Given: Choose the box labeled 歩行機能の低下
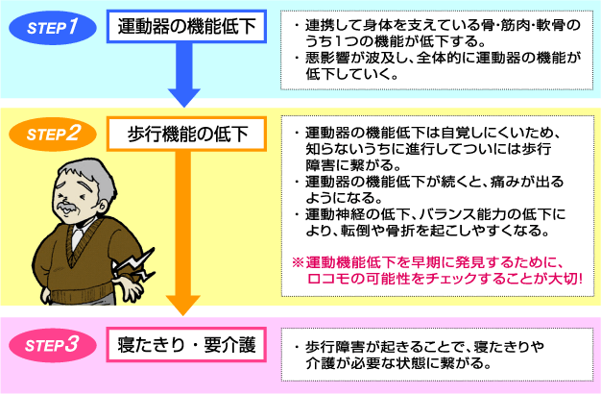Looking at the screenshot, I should (x=186, y=133).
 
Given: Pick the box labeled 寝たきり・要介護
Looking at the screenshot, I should (x=186, y=345).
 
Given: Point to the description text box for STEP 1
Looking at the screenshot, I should (x=439, y=48).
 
